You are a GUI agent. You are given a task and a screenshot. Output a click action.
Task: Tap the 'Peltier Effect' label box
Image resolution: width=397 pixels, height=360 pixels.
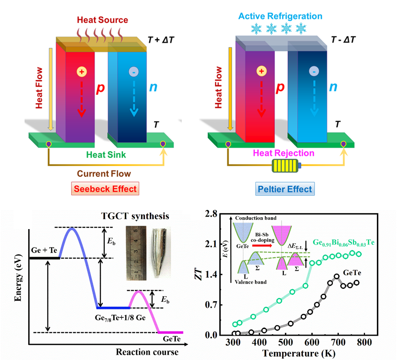point(284,189)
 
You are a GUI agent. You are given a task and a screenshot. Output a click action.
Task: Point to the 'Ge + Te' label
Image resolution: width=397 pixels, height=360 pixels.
point(44,250)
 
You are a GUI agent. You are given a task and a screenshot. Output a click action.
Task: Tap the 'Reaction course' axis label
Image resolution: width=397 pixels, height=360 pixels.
point(147,352)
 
